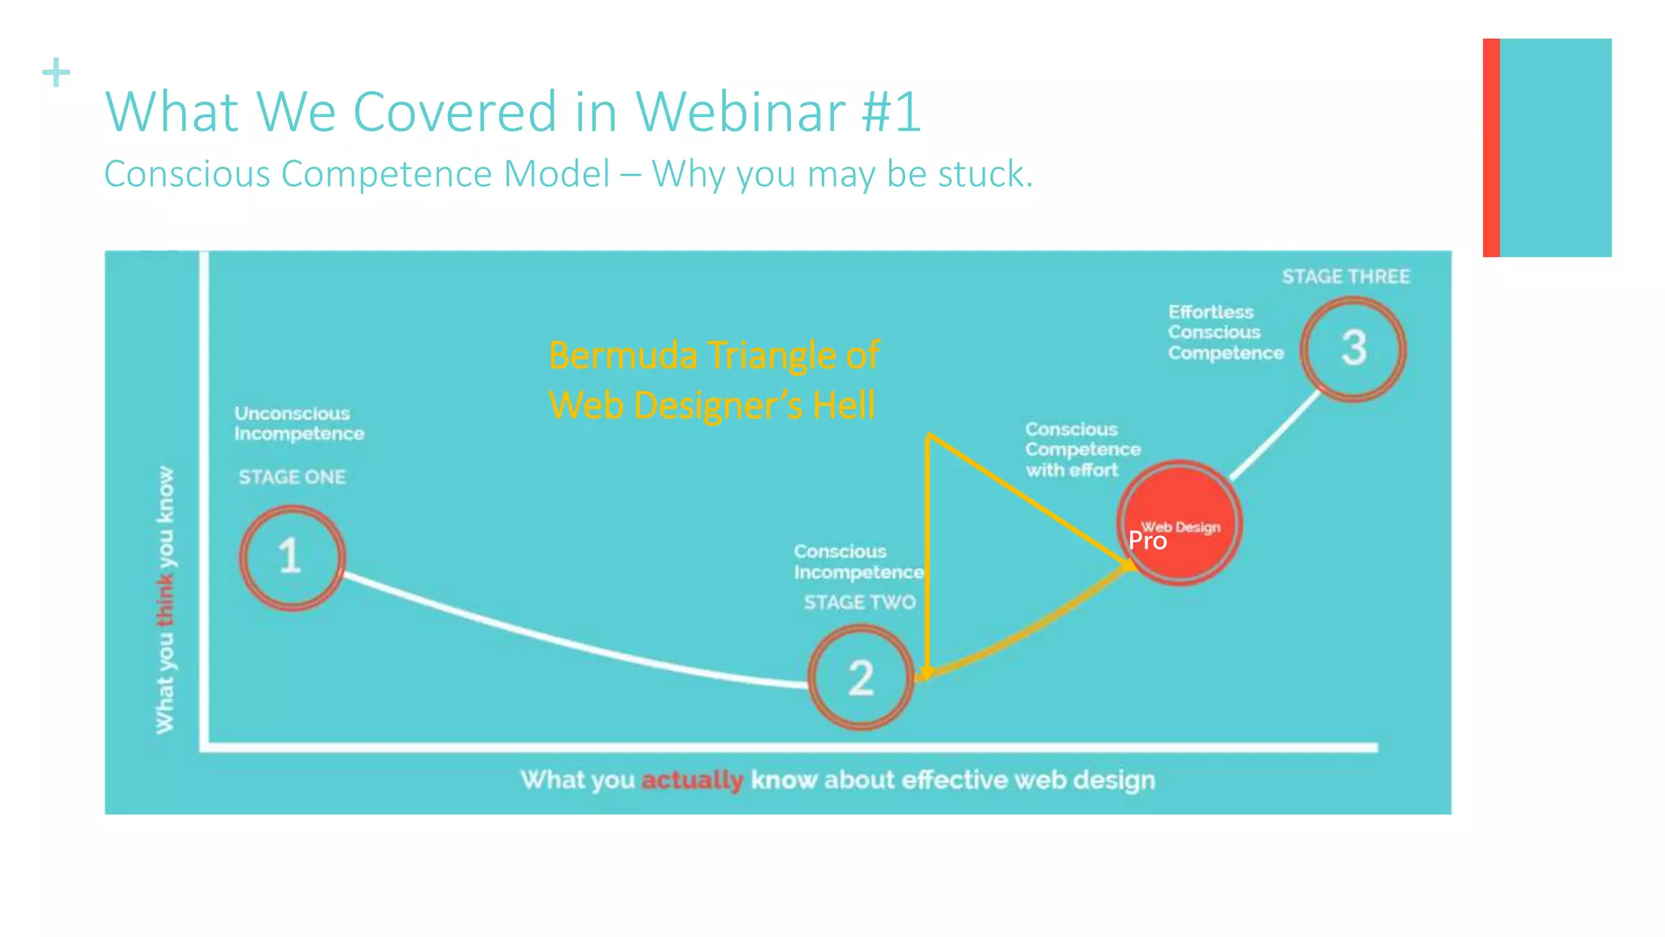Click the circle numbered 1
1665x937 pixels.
tap(292, 557)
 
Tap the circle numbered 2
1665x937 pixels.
tap(861, 677)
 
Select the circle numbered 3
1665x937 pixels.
tap(1353, 348)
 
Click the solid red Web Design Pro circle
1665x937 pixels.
tap(1179, 523)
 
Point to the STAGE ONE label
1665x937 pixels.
tap(292, 477)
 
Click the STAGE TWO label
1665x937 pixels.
tap(859, 602)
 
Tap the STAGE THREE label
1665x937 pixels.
tap(1345, 277)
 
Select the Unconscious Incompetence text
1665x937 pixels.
tap(298, 423)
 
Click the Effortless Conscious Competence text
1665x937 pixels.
tap(1224, 332)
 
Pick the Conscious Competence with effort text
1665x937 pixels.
tap(1081, 449)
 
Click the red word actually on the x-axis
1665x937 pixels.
tap(692, 780)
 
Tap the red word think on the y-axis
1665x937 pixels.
tap(165, 600)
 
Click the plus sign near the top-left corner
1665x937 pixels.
tap(56, 72)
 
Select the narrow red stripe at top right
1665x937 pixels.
tap(1490, 147)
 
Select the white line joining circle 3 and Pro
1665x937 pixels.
tap(1274, 435)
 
